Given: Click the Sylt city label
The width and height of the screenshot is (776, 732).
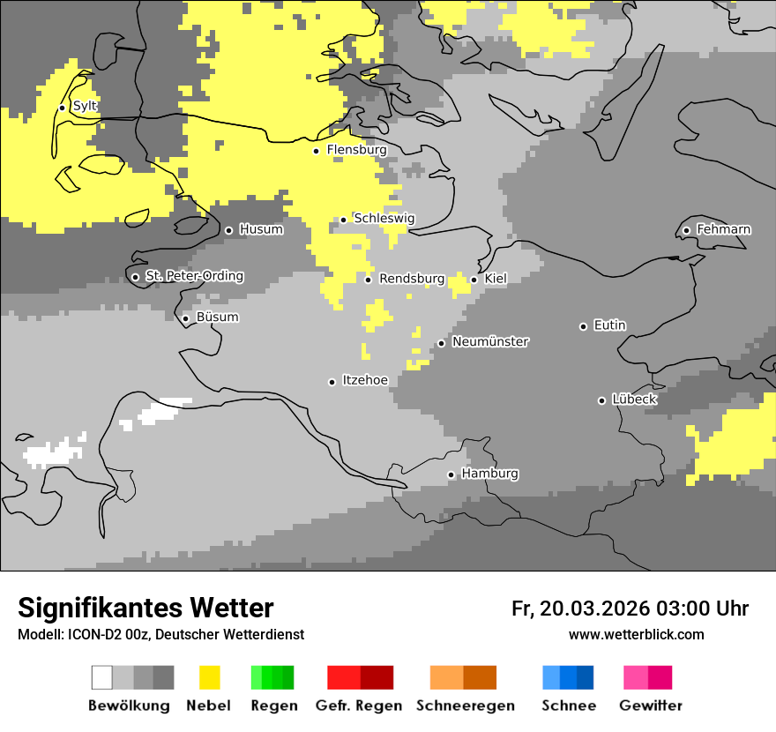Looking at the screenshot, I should click(x=85, y=106).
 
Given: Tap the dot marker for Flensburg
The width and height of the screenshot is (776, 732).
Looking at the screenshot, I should click(x=316, y=151).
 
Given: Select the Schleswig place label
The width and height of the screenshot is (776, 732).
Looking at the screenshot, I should click(x=384, y=218).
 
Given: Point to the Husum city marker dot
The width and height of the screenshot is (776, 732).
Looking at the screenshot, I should click(x=228, y=230).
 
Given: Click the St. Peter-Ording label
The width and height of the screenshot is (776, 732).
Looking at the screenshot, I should click(x=194, y=276).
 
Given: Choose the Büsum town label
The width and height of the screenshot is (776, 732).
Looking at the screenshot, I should click(x=217, y=317).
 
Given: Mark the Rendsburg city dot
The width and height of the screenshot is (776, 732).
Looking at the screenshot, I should click(x=369, y=280).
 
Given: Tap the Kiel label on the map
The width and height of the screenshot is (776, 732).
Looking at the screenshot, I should click(x=496, y=279).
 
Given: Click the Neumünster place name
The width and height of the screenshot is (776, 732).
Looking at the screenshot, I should click(x=490, y=341).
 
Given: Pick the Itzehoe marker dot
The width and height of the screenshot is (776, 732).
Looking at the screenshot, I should click(x=332, y=382).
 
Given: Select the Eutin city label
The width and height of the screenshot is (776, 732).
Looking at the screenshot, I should click(x=609, y=325).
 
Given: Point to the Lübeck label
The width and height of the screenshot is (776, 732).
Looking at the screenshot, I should click(x=634, y=400).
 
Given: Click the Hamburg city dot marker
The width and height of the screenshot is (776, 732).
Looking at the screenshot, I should click(x=451, y=474).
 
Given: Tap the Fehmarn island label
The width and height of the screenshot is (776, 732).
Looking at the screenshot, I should click(x=723, y=229).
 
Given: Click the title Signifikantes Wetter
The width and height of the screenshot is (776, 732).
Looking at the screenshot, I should click(x=145, y=608).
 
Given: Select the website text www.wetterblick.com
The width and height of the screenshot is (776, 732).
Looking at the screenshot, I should click(x=636, y=635).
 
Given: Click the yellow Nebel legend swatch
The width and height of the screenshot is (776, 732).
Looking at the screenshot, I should click(x=210, y=677).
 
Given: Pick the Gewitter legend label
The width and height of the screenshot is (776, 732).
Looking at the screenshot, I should click(x=650, y=706).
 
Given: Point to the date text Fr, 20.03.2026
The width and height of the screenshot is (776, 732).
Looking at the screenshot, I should click(x=579, y=609).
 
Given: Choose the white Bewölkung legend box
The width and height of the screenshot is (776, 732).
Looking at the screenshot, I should click(x=102, y=677).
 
